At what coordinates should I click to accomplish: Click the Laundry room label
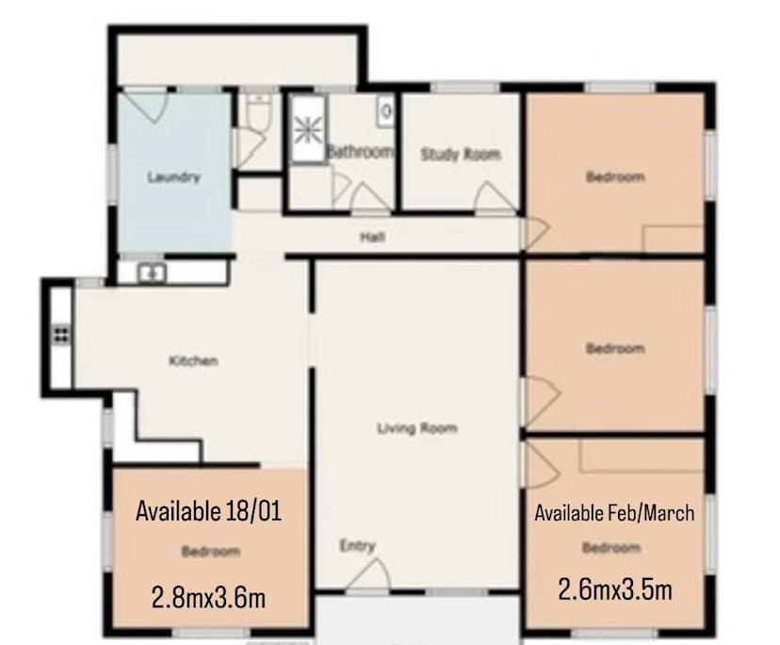174,176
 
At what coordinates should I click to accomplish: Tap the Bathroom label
359,151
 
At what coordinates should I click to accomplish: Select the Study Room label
461,155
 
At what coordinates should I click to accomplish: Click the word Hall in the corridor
373,237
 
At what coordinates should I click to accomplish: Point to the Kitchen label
193,361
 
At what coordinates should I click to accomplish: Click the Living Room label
417,429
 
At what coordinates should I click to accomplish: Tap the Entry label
358,546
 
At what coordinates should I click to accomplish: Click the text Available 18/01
209,512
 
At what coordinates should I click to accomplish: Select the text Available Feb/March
614,514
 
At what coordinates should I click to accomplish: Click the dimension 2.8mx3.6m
209,596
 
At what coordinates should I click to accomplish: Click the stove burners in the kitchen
62,333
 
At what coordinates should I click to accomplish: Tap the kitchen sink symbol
153,273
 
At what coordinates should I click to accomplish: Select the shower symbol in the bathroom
306,131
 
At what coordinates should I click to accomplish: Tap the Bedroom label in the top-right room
615,176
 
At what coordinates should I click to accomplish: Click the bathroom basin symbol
386,109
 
